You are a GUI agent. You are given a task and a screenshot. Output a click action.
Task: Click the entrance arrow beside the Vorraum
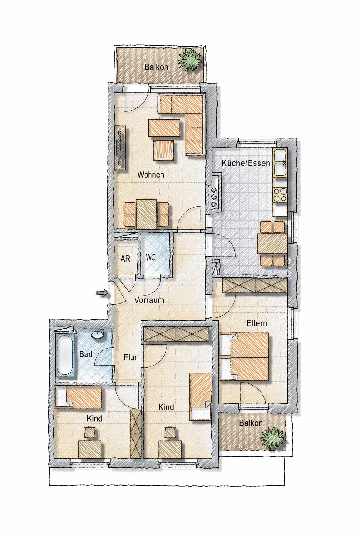102,293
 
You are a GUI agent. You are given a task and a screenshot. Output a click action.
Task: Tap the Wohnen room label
151,175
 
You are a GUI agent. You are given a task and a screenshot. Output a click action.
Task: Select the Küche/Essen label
246,163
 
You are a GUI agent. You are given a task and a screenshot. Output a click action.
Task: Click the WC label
151,258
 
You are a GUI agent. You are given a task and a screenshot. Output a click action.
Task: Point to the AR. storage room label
126,259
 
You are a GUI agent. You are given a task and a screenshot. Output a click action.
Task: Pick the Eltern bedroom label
256,323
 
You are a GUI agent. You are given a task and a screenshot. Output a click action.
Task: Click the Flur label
131,357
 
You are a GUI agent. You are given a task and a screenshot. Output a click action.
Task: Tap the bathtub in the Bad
65,355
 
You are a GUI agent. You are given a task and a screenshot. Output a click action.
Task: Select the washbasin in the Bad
98,334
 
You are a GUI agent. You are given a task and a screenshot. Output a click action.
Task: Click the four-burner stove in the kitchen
280,195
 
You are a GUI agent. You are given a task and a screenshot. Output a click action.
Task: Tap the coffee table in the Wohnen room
164,128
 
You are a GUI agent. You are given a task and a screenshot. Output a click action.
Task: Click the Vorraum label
149,300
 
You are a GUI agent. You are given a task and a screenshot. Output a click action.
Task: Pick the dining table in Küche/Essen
272,243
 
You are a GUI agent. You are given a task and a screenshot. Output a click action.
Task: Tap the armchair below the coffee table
164,150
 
